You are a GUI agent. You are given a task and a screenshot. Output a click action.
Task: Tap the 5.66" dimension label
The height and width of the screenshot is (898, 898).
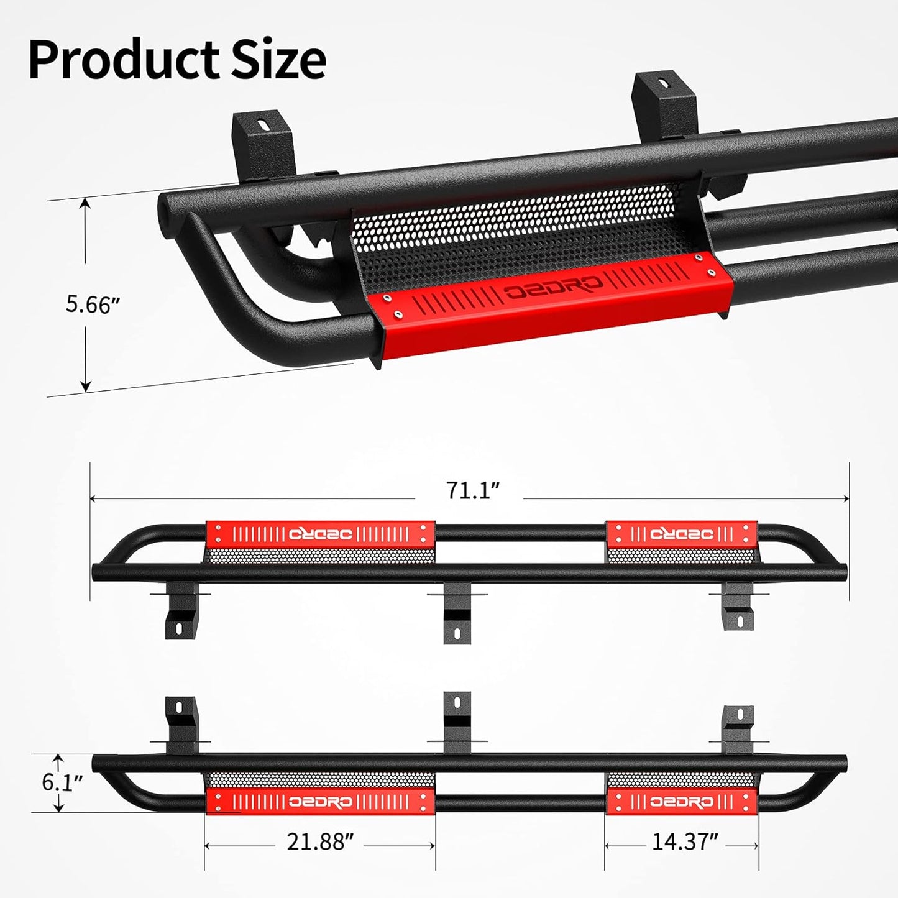93,305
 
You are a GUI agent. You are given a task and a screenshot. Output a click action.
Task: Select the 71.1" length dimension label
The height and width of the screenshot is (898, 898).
472,490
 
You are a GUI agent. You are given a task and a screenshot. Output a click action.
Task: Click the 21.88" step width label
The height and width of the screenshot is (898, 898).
319,842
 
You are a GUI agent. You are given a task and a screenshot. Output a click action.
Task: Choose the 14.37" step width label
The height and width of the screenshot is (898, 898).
685,842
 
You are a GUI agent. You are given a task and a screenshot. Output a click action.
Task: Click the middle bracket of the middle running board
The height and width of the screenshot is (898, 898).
457,615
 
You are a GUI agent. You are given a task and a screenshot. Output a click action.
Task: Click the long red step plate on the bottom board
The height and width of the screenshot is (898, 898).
320,802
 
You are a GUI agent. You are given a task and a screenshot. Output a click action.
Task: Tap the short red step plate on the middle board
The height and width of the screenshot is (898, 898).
682,534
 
